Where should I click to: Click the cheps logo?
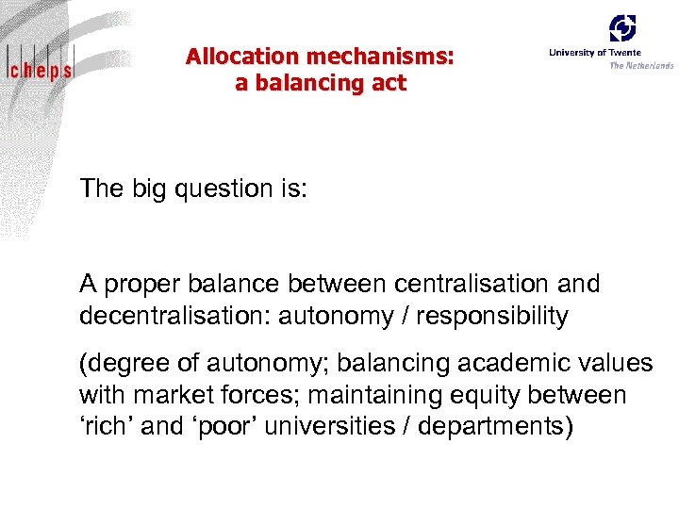pyautogui.click(x=39, y=68)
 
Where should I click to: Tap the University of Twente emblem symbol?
pyautogui.click(x=622, y=28)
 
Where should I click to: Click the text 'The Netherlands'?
pyautogui.click(x=641, y=66)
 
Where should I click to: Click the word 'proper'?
pyautogui.click(x=141, y=284)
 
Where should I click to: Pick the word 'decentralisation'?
pyautogui.click(x=174, y=316)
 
